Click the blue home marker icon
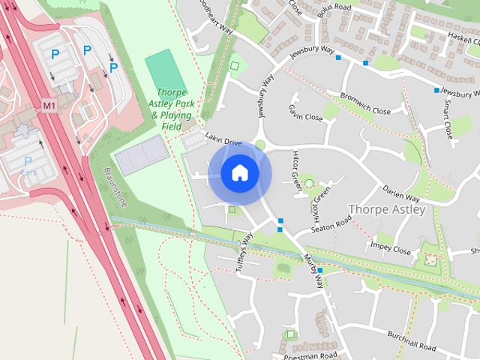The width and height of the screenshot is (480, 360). pyautogui.click(x=240, y=173)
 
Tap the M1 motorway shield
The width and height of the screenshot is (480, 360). pyautogui.click(x=49, y=106)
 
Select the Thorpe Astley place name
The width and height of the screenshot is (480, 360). pyautogui.click(x=387, y=209)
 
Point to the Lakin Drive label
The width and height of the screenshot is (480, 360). pyautogui.click(x=223, y=141)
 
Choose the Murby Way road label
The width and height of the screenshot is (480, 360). pyautogui.click(x=313, y=271)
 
